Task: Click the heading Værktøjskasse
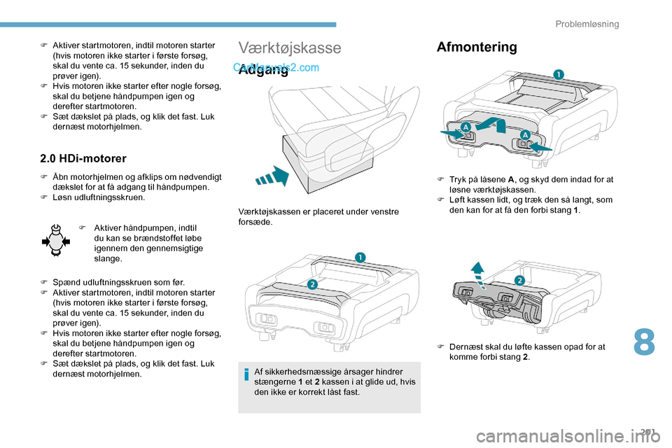click(x=290, y=48)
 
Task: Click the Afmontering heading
click(x=477, y=47)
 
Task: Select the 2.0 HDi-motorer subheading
click(x=83, y=159)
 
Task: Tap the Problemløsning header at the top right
click(x=587, y=24)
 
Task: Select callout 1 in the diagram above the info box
click(x=359, y=258)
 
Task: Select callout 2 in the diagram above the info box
click(x=312, y=283)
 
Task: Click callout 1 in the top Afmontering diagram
click(x=559, y=74)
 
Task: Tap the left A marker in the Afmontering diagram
click(x=465, y=127)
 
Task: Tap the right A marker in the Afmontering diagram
click(x=524, y=135)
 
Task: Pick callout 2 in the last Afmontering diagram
click(x=520, y=280)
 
